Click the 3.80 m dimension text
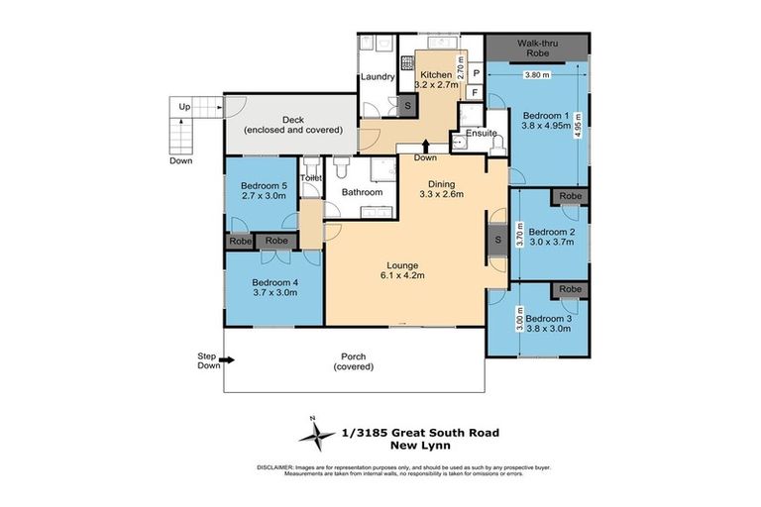[536, 74]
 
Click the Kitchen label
[436, 75]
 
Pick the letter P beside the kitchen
[475, 73]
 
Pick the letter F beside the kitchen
[475, 93]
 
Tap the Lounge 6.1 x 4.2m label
[402, 270]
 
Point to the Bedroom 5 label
[263, 190]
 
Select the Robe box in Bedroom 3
[569, 289]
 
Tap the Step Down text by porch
[206, 359]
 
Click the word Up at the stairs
[183, 106]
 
